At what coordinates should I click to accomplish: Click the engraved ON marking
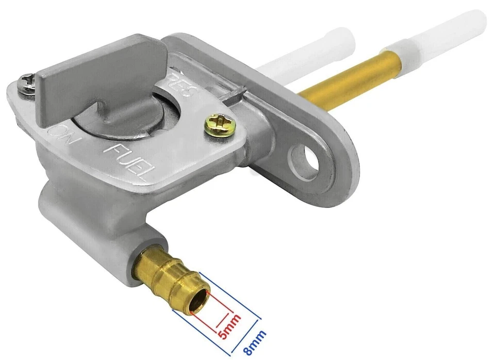(x=60, y=137)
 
